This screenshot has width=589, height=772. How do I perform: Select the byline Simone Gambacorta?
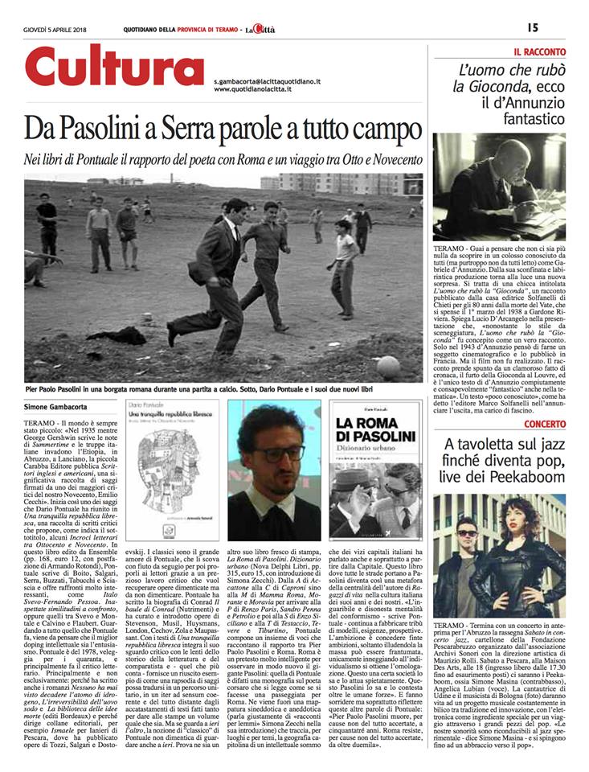point(58,409)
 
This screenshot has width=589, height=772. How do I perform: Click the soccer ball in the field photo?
point(387,364)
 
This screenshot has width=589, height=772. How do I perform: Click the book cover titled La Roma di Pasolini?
point(375,469)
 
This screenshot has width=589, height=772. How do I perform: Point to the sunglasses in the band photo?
point(468,533)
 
